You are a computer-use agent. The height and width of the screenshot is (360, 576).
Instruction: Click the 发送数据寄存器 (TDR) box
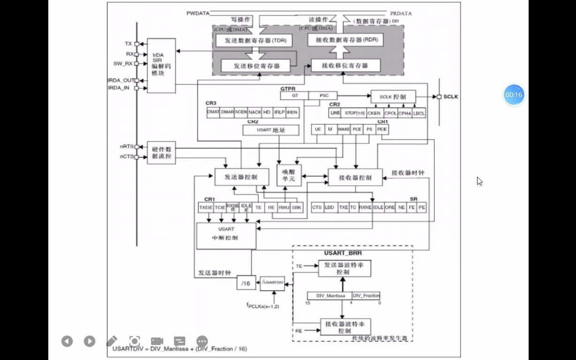point(253,40)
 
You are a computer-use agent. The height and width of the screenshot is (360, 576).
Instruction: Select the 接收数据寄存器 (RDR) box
point(345,40)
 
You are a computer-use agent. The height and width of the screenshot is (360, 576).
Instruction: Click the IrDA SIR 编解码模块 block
point(161,66)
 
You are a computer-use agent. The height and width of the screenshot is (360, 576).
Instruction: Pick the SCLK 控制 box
point(393,97)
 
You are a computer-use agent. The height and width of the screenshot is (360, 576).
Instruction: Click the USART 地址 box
point(271,130)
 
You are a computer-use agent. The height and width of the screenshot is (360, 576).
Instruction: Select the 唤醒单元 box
point(288,176)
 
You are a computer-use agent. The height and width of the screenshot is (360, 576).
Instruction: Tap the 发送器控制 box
point(242,177)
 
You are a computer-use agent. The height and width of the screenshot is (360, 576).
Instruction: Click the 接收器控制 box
point(355,178)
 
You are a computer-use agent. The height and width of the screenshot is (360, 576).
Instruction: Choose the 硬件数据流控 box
point(161,152)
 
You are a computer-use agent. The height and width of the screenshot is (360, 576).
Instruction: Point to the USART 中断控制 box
point(226,235)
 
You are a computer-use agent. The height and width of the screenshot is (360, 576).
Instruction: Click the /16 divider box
point(245,283)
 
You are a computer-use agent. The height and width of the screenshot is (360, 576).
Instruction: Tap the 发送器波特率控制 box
point(344,268)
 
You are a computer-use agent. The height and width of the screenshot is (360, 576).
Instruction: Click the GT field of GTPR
point(295,96)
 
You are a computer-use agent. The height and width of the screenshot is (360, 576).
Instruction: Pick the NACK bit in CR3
point(255,112)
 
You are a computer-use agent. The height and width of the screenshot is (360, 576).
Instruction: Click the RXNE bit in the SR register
point(365,207)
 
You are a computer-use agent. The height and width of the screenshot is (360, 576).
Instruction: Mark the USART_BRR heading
point(342,253)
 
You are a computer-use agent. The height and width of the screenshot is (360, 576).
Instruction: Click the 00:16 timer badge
point(514,95)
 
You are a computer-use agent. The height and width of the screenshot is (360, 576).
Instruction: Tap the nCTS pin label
point(126,157)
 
